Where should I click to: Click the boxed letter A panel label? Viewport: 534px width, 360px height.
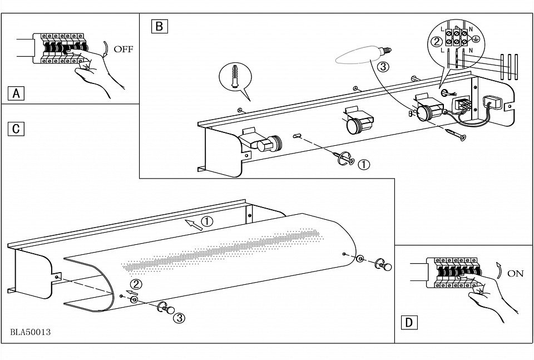tap(16, 93)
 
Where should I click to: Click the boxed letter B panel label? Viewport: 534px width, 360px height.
tap(160, 26)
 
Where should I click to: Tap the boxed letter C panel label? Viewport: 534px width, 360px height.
tap(16, 129)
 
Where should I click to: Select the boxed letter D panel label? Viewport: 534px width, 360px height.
tap(409, 322)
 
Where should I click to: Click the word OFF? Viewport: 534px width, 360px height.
tap(123, 49)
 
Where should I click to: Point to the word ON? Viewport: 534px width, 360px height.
tap(515, 274)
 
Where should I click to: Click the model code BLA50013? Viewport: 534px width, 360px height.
tap(31, 332)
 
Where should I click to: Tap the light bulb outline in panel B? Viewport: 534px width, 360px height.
tap(363, 56)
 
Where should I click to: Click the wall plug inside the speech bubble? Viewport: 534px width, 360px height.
tap(235, 77)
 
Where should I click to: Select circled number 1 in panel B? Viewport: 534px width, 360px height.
tap(364, 165)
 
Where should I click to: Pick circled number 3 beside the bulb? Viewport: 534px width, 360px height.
tap(383, 67)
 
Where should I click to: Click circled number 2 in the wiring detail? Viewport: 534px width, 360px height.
tap(437, 42)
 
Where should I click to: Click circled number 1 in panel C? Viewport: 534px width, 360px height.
tap(207, 221)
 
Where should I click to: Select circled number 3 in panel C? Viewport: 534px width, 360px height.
tap(179, 318)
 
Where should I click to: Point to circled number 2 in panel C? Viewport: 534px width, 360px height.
tap(136, 284)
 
